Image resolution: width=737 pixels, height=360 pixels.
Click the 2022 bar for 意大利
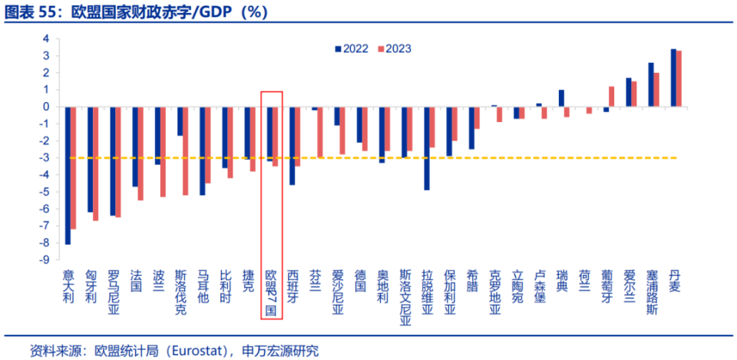[68, 175]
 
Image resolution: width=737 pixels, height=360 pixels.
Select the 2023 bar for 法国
[140, 154]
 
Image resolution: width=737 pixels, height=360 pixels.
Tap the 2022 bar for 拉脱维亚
[426, 148]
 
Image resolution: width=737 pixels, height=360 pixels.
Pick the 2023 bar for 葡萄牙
[612, 97]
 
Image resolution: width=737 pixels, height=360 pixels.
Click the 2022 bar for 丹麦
[673, 78]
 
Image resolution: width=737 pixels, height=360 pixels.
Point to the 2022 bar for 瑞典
[561, 98]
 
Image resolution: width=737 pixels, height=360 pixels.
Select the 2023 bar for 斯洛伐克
[185, 150]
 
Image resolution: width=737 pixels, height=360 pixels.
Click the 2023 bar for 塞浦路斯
[656, 90]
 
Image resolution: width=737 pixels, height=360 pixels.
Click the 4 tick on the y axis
[47, 38]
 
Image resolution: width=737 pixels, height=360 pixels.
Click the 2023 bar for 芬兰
[320, 132]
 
